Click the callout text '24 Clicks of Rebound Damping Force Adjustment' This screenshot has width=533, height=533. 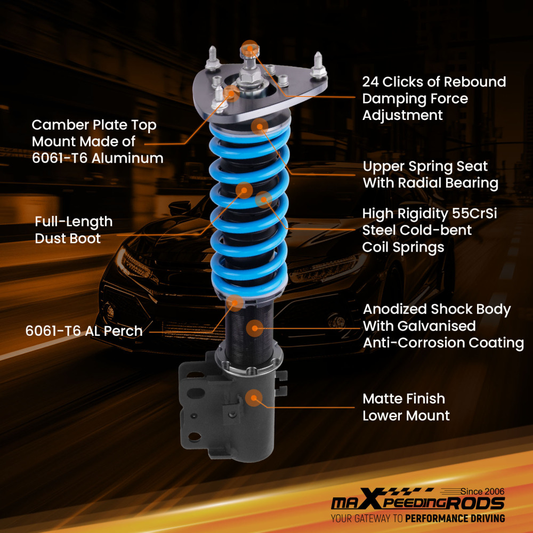click(x=434, y=99)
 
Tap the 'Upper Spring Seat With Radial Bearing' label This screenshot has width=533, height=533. click(x=431, y=174)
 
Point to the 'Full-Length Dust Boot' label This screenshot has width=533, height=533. click(x=74, y=230)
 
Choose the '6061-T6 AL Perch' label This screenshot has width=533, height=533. click(x=84, y=331)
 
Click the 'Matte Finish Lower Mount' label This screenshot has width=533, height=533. click(x=406, y=407)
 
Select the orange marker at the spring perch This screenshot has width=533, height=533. click(x=235, y=303)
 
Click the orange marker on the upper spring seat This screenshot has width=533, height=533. click(x=260, y=126)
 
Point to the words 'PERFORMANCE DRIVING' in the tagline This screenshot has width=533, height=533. click(x=455, y=518)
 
